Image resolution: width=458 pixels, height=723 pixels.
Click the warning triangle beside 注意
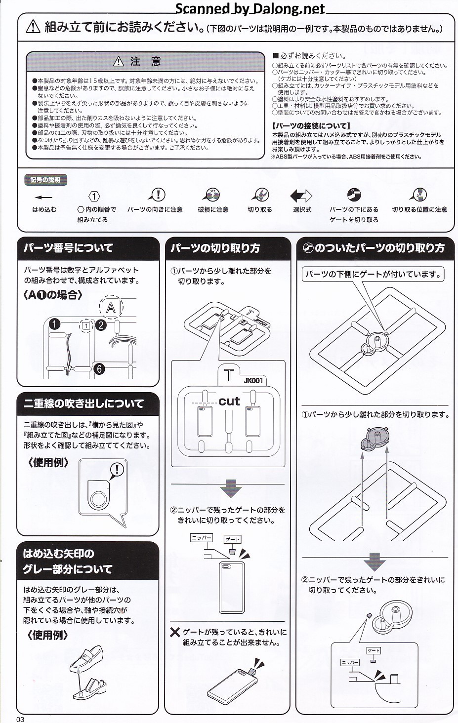tap(119, 61)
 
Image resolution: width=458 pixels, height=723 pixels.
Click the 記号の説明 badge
tap(45, 180)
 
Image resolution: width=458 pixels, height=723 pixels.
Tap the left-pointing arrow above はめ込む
tap(43, 197)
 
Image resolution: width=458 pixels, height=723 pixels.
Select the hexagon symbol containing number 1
tap(94, 196)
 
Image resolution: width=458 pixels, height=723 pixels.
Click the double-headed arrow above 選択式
tap(301, 196)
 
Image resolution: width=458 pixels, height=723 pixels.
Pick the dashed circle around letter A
tap(111, 307)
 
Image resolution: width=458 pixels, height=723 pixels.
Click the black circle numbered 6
tap(99, 368)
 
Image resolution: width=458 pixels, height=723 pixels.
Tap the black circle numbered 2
tap(101, 324)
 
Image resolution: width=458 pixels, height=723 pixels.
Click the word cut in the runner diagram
tap(229, 401)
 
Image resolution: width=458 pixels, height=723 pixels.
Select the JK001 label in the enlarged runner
tap(253, 381)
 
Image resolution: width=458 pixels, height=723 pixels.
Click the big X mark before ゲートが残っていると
tap(175, 632)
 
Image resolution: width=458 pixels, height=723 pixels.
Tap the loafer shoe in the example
tap(86, 657)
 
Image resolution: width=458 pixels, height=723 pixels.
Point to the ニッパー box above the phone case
tap(202, 538)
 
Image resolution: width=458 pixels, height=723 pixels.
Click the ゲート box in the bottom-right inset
tap(374, 650)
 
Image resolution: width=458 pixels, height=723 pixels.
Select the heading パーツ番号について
tap(68, 248)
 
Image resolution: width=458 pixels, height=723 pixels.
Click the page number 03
tap(20, 719)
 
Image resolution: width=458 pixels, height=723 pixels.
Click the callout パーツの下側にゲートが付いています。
tap(373, 275)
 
